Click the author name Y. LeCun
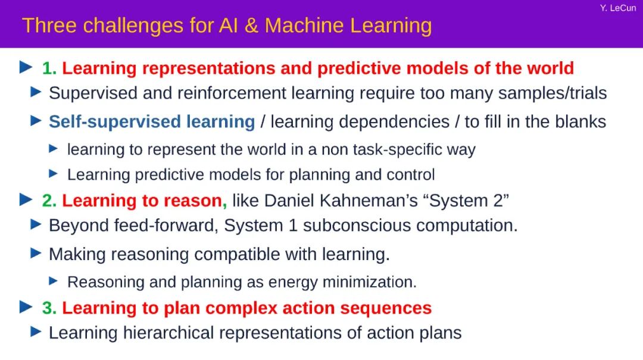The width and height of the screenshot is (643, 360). click(x=618, y=8)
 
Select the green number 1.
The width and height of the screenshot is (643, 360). click(x=49, y=68)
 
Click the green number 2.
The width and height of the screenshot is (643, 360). click(x=49, y=201)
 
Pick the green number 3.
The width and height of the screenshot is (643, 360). click(x=49, y=308)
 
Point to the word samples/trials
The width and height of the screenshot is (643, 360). click(x=553, y=93)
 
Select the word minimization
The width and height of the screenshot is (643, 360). click(x=369, y=282)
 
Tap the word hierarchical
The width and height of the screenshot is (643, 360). click(x=168, y=333)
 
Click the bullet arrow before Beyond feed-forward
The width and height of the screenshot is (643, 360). click(x=36, y=224)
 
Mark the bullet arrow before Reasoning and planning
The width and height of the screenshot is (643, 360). click(x=54, y=281)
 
